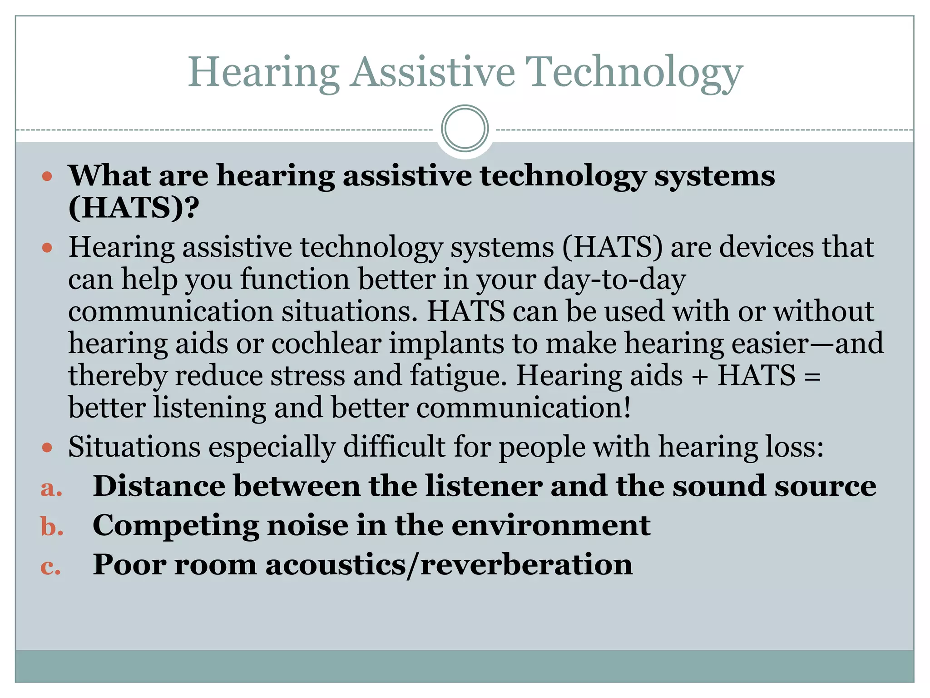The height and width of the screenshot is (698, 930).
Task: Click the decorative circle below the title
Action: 465,129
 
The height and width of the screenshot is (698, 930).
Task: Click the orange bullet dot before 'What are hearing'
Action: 47,176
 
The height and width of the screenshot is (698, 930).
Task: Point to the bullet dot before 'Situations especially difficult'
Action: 47,448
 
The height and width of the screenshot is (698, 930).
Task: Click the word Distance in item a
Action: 158,486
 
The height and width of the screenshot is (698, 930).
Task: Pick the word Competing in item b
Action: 176,526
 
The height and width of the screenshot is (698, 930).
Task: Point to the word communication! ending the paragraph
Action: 524,408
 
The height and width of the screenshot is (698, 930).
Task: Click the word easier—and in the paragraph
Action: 807,343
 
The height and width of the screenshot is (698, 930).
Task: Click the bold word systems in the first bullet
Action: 714,176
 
